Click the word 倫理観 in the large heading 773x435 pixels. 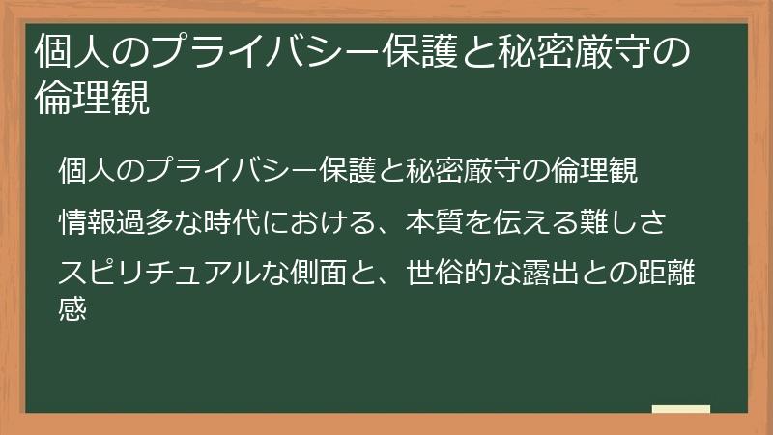(x=92, y=99)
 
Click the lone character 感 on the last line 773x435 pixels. (x=73, y=309)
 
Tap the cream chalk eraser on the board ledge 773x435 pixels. (x=681, y=409)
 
